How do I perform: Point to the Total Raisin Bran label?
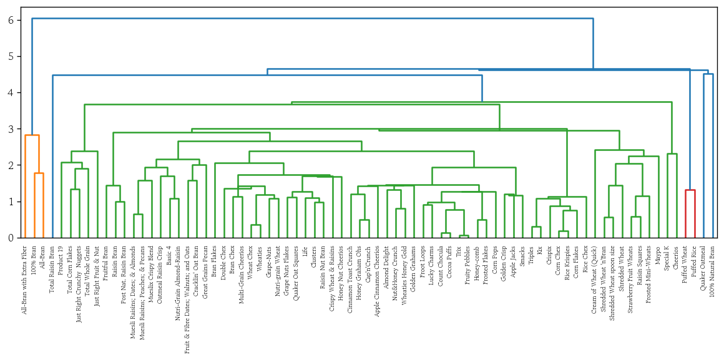click(52, 263)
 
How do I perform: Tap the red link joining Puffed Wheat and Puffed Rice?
click(690, 190)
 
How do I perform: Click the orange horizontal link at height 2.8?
click(32, 135)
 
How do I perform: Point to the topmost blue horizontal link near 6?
click(312, 19)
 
